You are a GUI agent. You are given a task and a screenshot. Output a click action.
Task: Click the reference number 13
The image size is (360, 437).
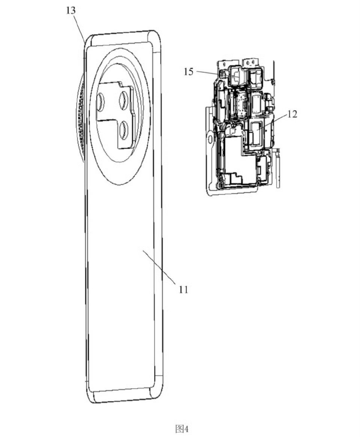[71, 10]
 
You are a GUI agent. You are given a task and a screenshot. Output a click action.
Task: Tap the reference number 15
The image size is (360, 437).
[188, 72]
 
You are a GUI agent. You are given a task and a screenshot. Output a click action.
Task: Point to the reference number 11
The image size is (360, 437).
[183, 290]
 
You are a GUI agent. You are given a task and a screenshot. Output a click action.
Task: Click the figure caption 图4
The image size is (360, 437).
[182, 428]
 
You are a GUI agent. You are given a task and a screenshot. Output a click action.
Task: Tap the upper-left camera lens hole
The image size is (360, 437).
[100, 101]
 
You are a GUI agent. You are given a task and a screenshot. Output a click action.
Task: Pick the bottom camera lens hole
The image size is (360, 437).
[123, 129]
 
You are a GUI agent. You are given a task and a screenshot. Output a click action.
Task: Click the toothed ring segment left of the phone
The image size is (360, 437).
[81, 117]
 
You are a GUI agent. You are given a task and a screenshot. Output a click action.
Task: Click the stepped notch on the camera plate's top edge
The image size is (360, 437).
[124, 85]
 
